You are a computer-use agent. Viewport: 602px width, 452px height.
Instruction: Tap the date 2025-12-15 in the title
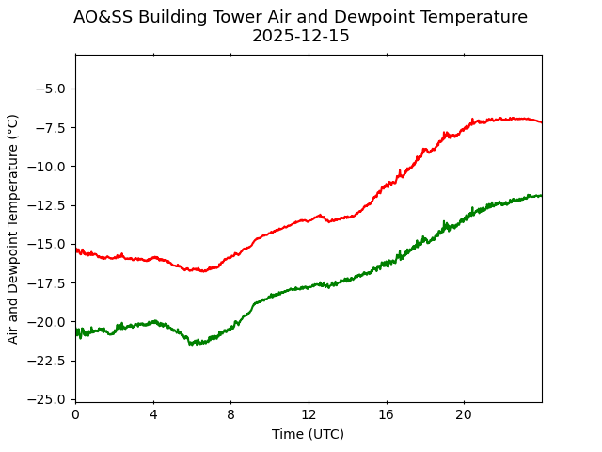[300, 37]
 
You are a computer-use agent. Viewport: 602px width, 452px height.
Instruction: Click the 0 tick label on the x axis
[75, 415]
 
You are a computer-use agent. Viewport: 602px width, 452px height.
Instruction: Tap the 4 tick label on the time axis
[153, 415]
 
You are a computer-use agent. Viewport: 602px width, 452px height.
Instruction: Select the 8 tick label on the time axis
[230, 415]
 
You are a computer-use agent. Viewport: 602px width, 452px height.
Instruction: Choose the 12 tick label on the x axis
[309, 415]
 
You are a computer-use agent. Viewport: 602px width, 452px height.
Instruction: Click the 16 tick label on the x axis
[386, 415]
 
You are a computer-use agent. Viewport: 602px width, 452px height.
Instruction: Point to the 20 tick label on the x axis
[464, 415]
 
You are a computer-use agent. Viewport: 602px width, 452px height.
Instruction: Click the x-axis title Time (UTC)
[308, 434]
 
